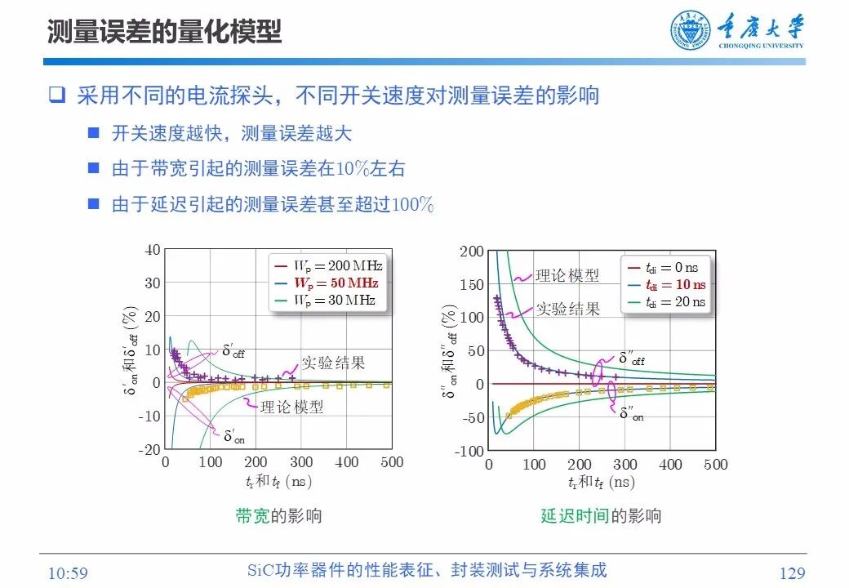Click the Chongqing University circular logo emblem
tap(691, 33)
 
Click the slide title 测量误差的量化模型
tap(164, 32)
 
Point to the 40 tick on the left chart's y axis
tap(153, 250)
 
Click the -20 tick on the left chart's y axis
tap(150, 450)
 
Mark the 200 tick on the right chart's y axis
tap(472, 251)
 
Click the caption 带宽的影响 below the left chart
tap(278, 515)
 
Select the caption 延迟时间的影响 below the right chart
tap(601, 515)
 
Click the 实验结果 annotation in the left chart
tap(333, 363)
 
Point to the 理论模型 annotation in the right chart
tap(567, 275)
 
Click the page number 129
tap(792, 573)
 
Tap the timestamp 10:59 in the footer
tap(68, 573)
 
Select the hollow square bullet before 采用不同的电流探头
tap(56, 95)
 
